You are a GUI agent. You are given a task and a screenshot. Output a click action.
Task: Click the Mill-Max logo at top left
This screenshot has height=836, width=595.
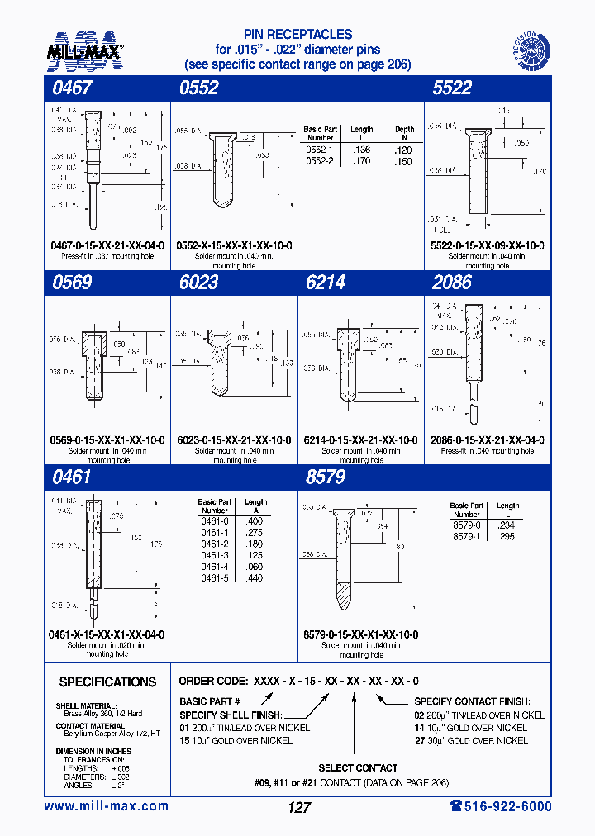(x=86, y=50)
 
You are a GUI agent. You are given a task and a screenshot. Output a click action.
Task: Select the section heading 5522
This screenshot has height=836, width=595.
(x=451, y=88)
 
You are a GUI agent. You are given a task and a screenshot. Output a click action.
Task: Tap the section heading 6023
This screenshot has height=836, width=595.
(x=198, y=283)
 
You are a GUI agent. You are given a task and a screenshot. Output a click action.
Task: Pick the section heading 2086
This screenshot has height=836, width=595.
(x=452, y=283)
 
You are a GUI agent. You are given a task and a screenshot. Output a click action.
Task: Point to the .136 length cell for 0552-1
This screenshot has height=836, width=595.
(x=361, y=149)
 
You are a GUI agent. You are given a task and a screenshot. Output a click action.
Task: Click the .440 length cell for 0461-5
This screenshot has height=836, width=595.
(x=255, y=577)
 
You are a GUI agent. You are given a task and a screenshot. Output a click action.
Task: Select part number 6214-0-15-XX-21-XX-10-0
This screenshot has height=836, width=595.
(x=360, y=440)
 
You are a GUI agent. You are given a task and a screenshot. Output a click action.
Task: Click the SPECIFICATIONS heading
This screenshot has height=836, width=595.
(x=107, y=682)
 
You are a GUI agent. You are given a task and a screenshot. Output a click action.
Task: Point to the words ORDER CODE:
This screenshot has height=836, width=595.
(x=212, y=682)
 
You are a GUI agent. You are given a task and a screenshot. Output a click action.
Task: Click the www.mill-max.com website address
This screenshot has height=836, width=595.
(x=106, y=806)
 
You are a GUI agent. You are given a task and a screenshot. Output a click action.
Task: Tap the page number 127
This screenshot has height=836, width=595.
(x=298, y=808)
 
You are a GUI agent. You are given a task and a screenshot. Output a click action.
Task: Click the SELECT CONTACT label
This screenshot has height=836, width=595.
(x=357, y=767)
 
